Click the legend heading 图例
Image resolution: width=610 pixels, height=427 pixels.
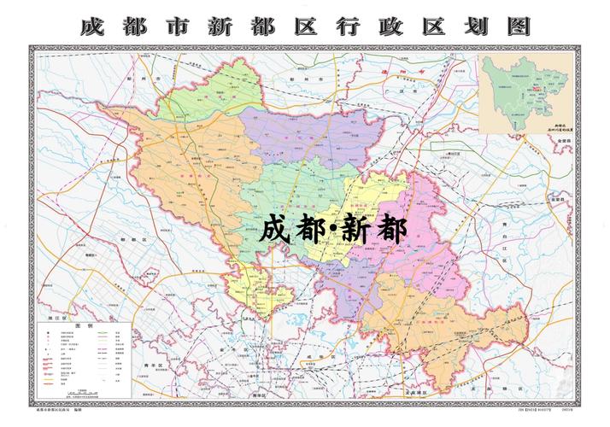point(83,326)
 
